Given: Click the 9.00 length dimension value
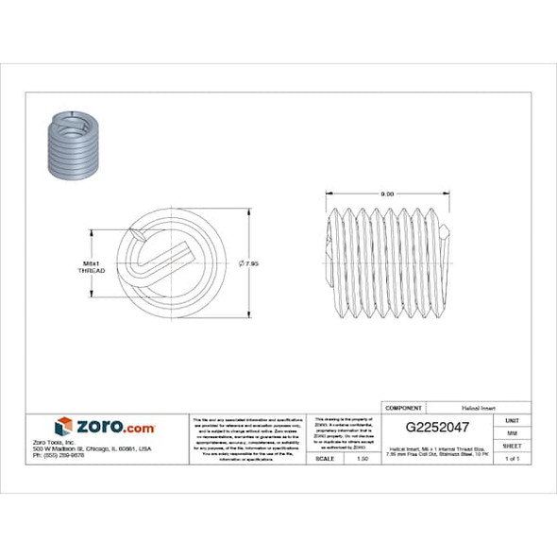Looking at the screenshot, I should (387, 194).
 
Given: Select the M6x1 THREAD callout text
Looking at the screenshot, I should (91, 265).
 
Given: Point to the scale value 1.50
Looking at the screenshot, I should (363, 458).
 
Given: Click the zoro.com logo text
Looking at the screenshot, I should (115, 427).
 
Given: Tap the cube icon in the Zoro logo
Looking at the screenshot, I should (63, 427).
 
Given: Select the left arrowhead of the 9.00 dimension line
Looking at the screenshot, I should (329, 194).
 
